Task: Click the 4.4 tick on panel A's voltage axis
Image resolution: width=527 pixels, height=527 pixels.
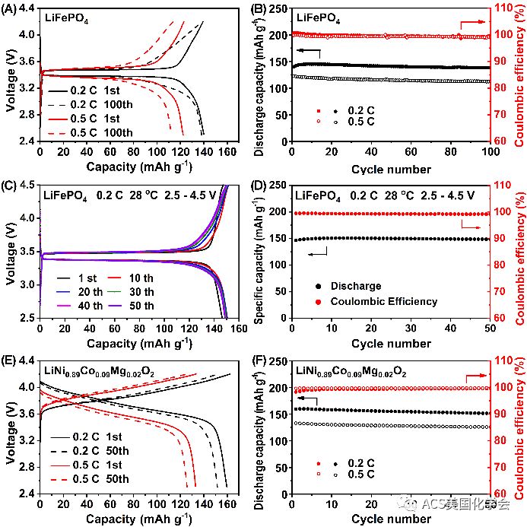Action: (25, 8)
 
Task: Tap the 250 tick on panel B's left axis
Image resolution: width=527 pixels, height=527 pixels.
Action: (278, 8)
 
